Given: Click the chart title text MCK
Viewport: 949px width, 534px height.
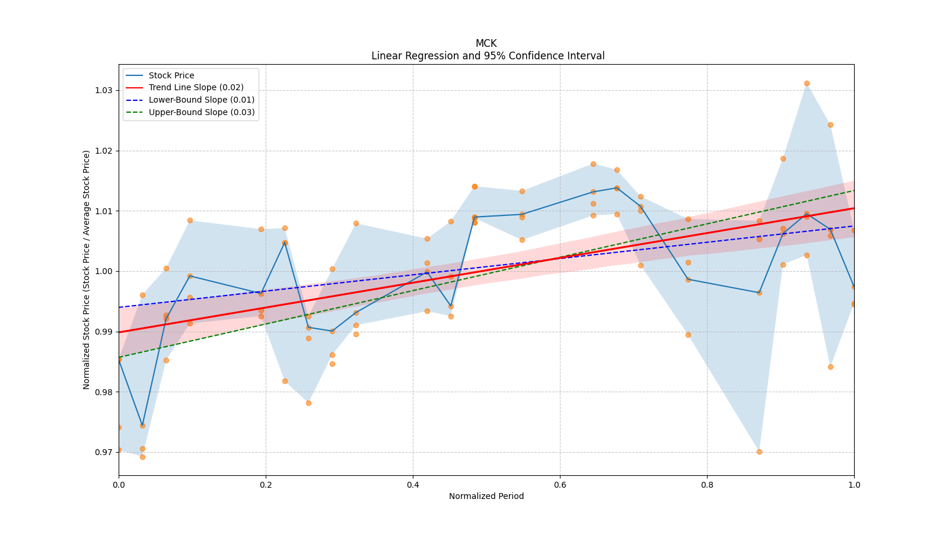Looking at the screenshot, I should [x=486, y=43].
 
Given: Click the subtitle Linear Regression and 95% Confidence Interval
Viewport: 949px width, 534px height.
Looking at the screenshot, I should [x=488, y=56].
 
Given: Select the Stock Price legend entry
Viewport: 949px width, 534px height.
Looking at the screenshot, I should [x=171, y=75].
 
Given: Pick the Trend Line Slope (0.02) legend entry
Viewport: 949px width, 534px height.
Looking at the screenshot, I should [x=196, y=87].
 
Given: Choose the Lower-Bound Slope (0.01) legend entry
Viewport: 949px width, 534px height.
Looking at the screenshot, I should [x=201, y=100].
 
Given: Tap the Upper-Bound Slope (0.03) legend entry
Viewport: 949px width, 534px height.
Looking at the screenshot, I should [x=202, y=112].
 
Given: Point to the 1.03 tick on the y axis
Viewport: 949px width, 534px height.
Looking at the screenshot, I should [x=105, y=90].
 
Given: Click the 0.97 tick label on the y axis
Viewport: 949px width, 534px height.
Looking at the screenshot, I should [x=105, y=452].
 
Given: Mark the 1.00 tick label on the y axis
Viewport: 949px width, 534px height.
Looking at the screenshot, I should [x=105, y=271].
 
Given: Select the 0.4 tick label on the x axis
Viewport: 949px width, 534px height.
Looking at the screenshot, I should [x=413, y=484].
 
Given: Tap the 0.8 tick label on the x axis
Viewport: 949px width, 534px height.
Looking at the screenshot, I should [x=707, y=484].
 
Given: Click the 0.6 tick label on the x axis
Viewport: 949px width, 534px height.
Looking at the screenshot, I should [x=560, y=484].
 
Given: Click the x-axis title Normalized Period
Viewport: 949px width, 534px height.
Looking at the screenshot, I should [x=486, y=496].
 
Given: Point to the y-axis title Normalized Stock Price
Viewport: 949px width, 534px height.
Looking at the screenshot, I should [x=87, y=269].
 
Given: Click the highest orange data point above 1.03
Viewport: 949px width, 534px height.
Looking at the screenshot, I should [x=807, y=83].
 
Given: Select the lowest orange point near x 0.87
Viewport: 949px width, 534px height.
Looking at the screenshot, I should [x=759, y=452].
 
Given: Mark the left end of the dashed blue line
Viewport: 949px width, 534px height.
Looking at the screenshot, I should [x=119, y=307].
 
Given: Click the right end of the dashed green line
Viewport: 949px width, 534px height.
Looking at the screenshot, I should [x=854, y=190].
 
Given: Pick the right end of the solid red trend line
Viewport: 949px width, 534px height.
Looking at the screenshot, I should [x=854, y=208].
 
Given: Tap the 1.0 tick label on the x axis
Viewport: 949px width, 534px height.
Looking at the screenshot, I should [x=854, y=484].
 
